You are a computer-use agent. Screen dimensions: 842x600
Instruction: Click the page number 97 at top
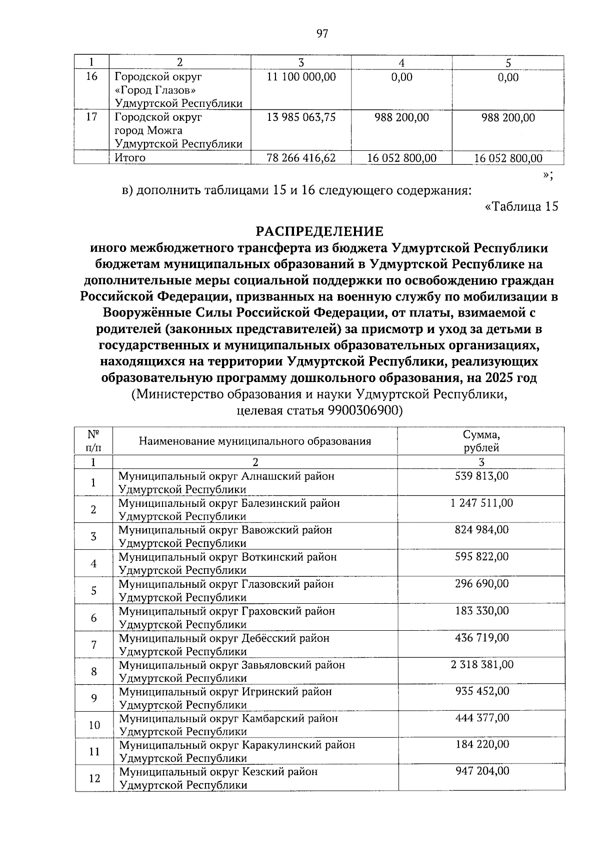pyautogui.click(x=322, y=34)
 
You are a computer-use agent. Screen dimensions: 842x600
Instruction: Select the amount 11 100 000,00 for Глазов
pyautogui.click(x=301, y=77)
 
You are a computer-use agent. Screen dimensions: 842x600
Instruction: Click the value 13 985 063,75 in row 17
pyautogui.click(x=301, y=117)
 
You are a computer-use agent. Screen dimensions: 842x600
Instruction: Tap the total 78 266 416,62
pyautogui.click(x=301, y=158)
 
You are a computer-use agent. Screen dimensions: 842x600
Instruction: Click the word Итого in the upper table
pyautogui.click(x=130, y=158)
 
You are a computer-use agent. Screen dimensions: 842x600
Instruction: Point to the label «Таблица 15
pyautogui.click(x=521, y=206)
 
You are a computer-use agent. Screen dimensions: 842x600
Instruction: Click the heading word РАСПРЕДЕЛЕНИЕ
pyautogui.click(x=319, y=231)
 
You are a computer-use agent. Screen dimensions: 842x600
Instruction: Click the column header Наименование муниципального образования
pyautogui.click(x=255, y=441)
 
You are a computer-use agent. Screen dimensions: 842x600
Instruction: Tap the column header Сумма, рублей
pyautogui.click(x=481, y=441)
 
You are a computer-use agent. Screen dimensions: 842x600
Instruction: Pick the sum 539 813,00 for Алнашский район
pyautogui.click(x=481, y=476)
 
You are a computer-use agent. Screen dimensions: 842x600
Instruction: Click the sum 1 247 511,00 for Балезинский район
pyautogui.click(x=481, y=503)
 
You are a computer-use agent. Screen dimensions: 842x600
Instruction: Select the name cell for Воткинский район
pyautogui.click(x=227, y=563)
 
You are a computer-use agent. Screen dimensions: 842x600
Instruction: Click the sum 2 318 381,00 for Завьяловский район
pyautogui.click(x=481, y=665)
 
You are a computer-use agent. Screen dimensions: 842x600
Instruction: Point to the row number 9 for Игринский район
pyautogui.click(x=94, y=698)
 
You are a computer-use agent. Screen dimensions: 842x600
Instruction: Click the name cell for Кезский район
pyautogui.click(x=218, y=778)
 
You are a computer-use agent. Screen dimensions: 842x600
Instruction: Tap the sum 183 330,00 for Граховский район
pyautogui.click(x=481, y=611)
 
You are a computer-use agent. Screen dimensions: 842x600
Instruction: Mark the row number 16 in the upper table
pyautogui.click(x=91, y=77)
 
